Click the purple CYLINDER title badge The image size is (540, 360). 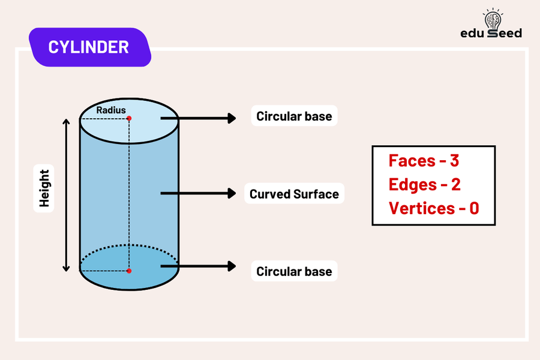[x=88, y=47]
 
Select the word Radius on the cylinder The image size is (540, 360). [x=111, y=110]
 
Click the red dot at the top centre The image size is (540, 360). [x=129, y=118]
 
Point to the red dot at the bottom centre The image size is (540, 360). [x=129, y=271]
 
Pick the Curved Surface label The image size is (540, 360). [x=294, y=194]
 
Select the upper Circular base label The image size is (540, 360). [x=294, y=116]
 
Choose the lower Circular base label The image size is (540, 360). [x=294, y=271]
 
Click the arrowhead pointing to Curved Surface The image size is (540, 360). [x=231, y=193]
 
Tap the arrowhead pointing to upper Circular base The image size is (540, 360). [x=231, y=118]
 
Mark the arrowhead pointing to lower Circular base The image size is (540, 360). [x=231, y=266]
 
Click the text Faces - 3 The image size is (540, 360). [x=424, y=161]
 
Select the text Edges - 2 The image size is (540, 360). [x=424, y=184]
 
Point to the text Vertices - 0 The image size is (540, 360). [x=433, y=208]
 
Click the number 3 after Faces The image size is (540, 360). [x=454, y=161]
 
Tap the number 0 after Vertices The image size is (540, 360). [x=473, y=208]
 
